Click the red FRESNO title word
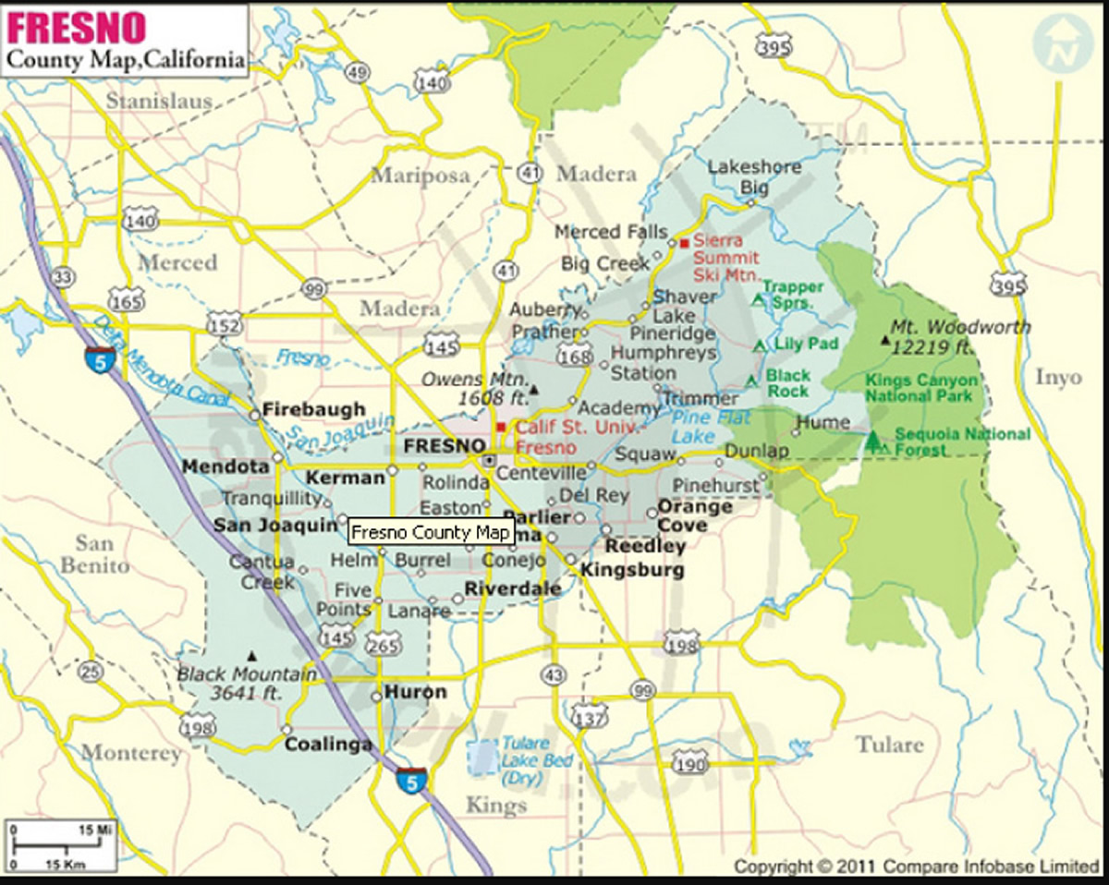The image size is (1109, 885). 77,27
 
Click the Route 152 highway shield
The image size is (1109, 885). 225,325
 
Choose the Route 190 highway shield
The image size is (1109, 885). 690,762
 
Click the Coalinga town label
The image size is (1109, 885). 328,745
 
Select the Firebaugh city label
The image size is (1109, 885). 314,409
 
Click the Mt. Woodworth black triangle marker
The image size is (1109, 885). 886,341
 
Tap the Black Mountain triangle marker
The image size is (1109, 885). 251,654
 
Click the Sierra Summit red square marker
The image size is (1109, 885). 685,243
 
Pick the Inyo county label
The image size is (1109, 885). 1057,377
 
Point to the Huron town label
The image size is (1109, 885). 415,692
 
